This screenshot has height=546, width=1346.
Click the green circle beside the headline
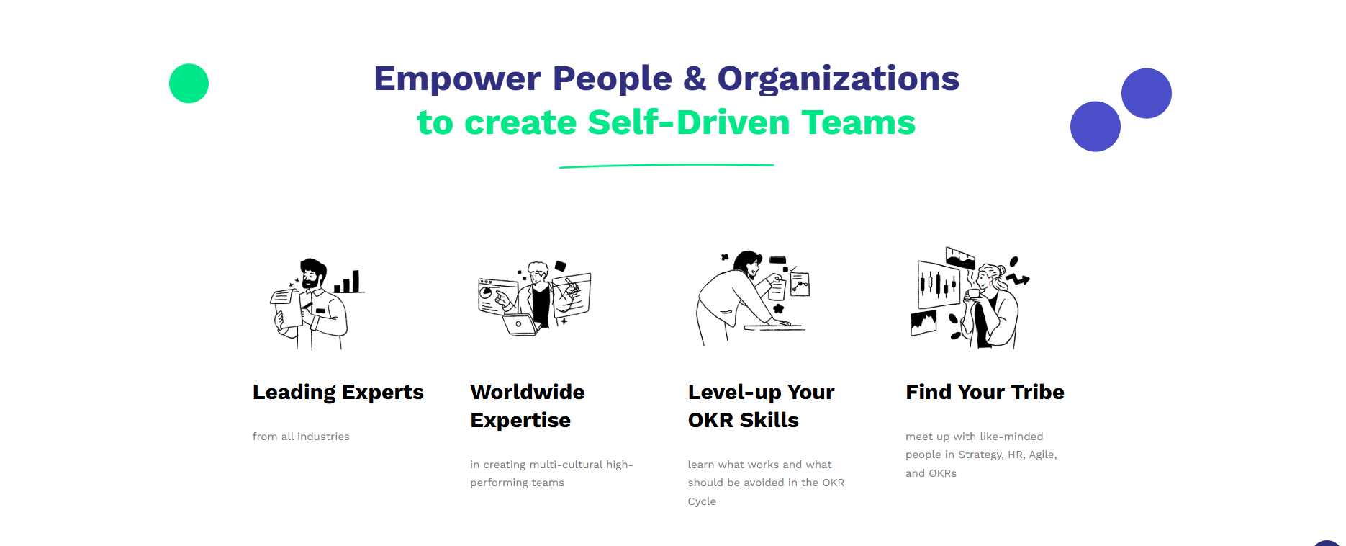[x=189, y=84]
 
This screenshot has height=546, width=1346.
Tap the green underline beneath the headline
[x=667, y=166]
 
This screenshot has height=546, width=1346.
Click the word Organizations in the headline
[x=839, y=79]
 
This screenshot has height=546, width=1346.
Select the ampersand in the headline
[x=695, y=78]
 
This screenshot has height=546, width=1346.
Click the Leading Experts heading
[x=338, y=393]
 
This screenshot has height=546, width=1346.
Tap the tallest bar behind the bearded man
[x=356, y=282]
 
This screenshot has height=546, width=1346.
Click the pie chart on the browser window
[x=486, y=292]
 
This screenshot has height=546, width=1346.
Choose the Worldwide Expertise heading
[x=527, y=406]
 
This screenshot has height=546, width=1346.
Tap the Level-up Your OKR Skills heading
[x=761, y=406]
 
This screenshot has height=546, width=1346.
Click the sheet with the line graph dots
[x=800, y=285]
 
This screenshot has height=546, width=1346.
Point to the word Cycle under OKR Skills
[x=702, y=501]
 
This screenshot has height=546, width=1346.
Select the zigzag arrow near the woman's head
[x=1018, y=278]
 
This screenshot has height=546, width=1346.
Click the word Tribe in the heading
[x=1037, y=392]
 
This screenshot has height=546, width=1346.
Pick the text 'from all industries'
[x=301, y=437]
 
